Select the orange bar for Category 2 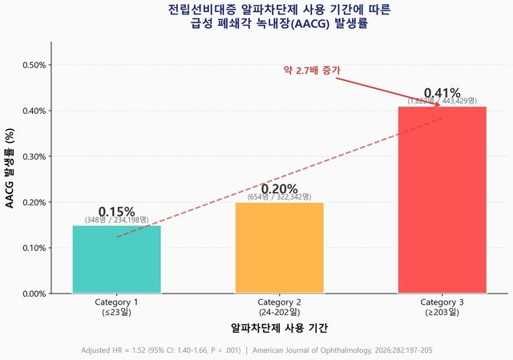pos(279,248)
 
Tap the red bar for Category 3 pos(442,200)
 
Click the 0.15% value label pos(116,211)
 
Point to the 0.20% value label pos(279,188)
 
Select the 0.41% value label pos(442,92)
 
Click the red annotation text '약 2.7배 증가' pos(312,71)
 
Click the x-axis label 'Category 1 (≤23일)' pos(116,307)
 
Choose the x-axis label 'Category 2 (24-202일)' pos(279,307)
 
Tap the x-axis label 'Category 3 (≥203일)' pos(442,307)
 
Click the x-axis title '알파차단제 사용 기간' pos(279,328)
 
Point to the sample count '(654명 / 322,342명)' pos(279,197)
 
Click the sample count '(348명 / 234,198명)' pos(116,220)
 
